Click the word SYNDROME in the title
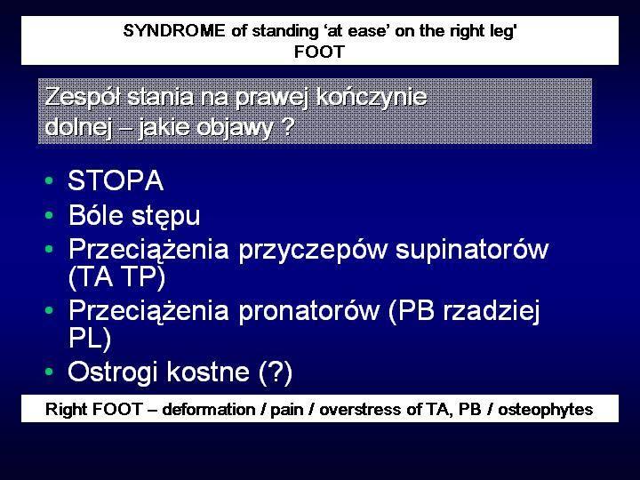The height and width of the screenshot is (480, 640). click(174, 31)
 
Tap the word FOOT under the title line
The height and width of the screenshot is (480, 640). click(320, 52)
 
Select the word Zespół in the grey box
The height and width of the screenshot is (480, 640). click(84, 98)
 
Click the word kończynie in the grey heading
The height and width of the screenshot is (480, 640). click(372, 98)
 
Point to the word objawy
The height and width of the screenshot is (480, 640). click(235, 128)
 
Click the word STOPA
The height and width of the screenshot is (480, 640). click(116, 180)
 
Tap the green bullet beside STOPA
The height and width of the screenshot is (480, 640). click(50, 180)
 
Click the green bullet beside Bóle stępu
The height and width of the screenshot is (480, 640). click(50, 214)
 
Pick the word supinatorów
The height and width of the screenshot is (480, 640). click(472, 250)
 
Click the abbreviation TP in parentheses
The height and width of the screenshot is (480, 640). click(144, 277)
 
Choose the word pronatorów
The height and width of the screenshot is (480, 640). click(309, 310)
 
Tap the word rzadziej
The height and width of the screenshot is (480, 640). click(492, 310)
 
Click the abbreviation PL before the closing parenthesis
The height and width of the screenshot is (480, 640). click(84, 338)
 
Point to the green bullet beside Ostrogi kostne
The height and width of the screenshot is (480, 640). click(50, 371)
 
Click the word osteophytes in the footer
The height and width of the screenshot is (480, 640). click(545, 410)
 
